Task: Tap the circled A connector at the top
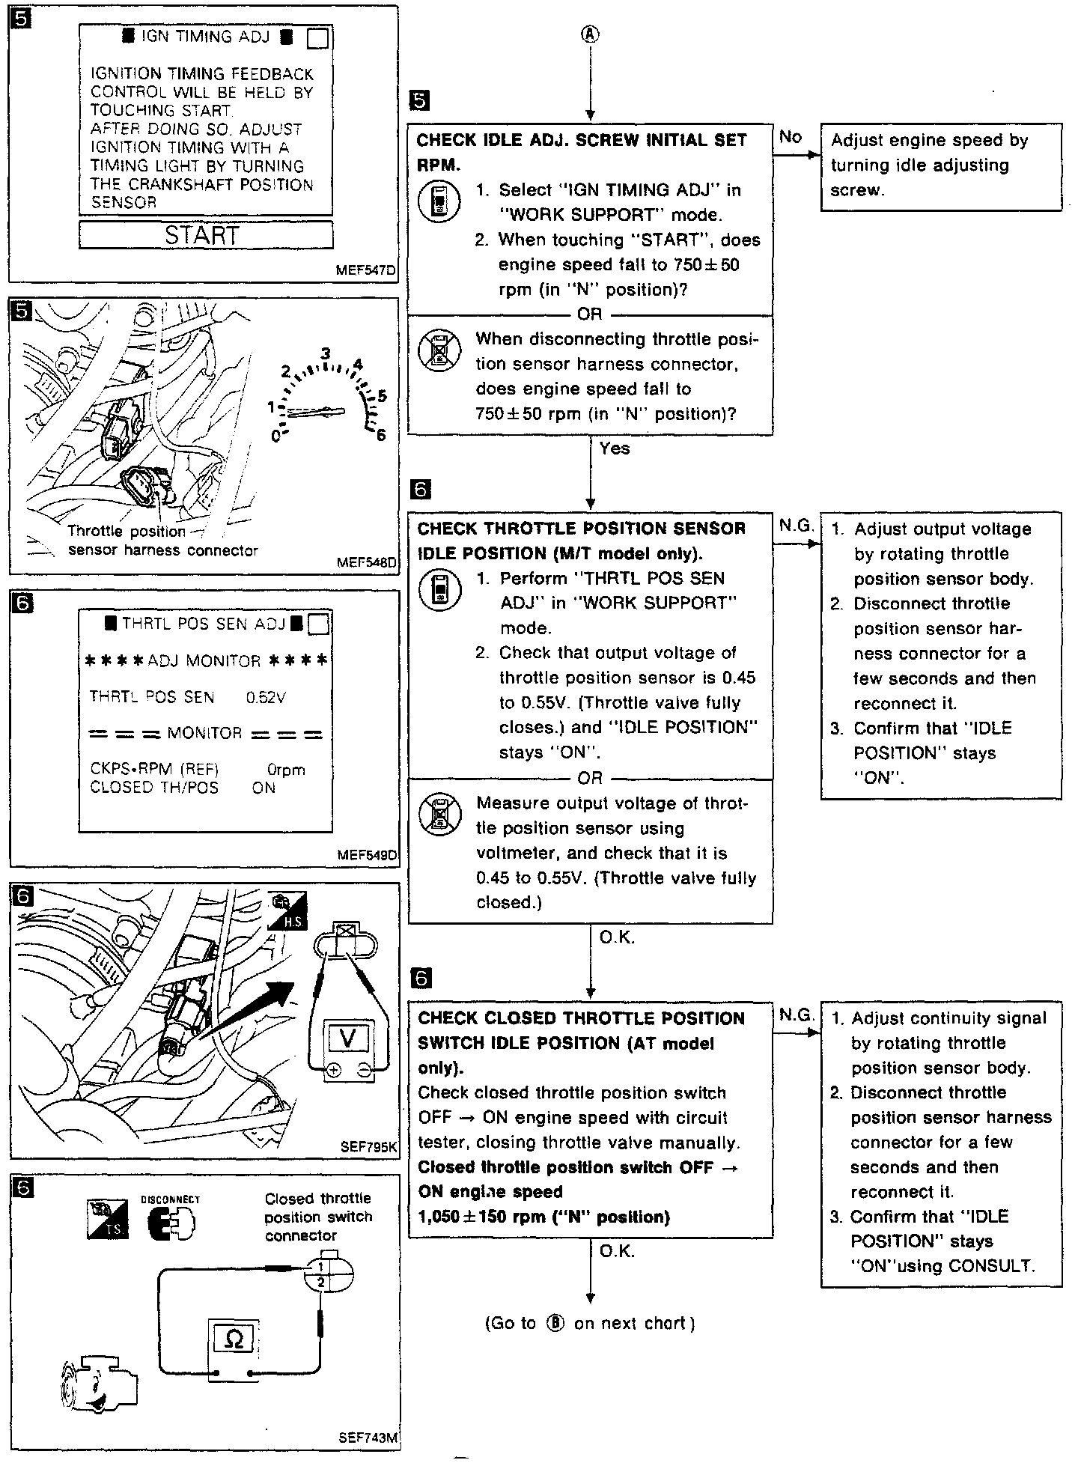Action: click(x=591, y=34)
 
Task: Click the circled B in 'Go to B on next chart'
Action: click(x=555, y=1323)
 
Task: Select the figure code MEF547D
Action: click(x=366, y=270)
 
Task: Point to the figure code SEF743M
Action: click(x=368, y=1438)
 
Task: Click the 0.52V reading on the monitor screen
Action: click(x=266, y=697)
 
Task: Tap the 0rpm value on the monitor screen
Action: click(x=285, y=769)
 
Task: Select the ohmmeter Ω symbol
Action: click(x=234, y=1338)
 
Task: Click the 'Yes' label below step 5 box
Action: click(x=615, y=448)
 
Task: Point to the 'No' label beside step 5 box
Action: click(x=791, y=136)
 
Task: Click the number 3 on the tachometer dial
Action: click(x=326, y=353)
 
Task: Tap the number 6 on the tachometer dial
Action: click(x=381, y=435)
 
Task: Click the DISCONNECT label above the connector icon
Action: click(x=171, y=1199)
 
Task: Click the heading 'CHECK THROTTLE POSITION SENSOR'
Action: click(x=581, y=529)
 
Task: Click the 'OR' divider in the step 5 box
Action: click(x=590, y=314)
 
